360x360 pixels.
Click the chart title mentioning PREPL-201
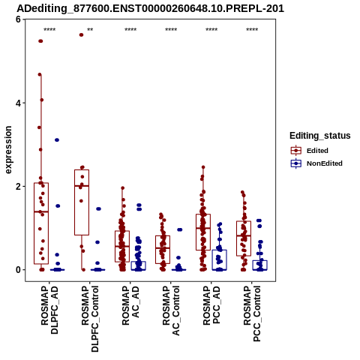(x=150, y=8)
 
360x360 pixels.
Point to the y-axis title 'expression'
(x=8, y=150)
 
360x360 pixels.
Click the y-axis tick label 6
(x=18, y=19)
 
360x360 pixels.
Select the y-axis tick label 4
(x=18, y=103)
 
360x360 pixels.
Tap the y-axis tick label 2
(x=18, y=186)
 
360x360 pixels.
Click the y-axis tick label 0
(x=18, y=270)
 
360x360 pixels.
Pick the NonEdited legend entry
(x=316, y=163)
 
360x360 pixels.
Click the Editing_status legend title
(x=320, y=136)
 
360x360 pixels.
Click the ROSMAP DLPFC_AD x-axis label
(x=49, y=310)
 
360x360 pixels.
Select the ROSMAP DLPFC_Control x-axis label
(x=90, y=319)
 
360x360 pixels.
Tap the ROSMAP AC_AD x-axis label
(x=130, y=305)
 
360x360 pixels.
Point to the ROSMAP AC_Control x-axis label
(x=171, y=310)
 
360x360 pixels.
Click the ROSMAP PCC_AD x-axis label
(x=211, y=305)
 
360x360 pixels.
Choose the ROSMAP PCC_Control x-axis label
(x=252, y=313)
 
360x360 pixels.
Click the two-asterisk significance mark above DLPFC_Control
(x=90, y=30)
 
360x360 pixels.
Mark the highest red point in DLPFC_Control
(x=81, y=34)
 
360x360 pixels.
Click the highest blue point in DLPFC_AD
(x=57, y=140)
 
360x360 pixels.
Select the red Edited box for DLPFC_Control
(x=82, y=202)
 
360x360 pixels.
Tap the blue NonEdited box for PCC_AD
(x=220, y=259)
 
